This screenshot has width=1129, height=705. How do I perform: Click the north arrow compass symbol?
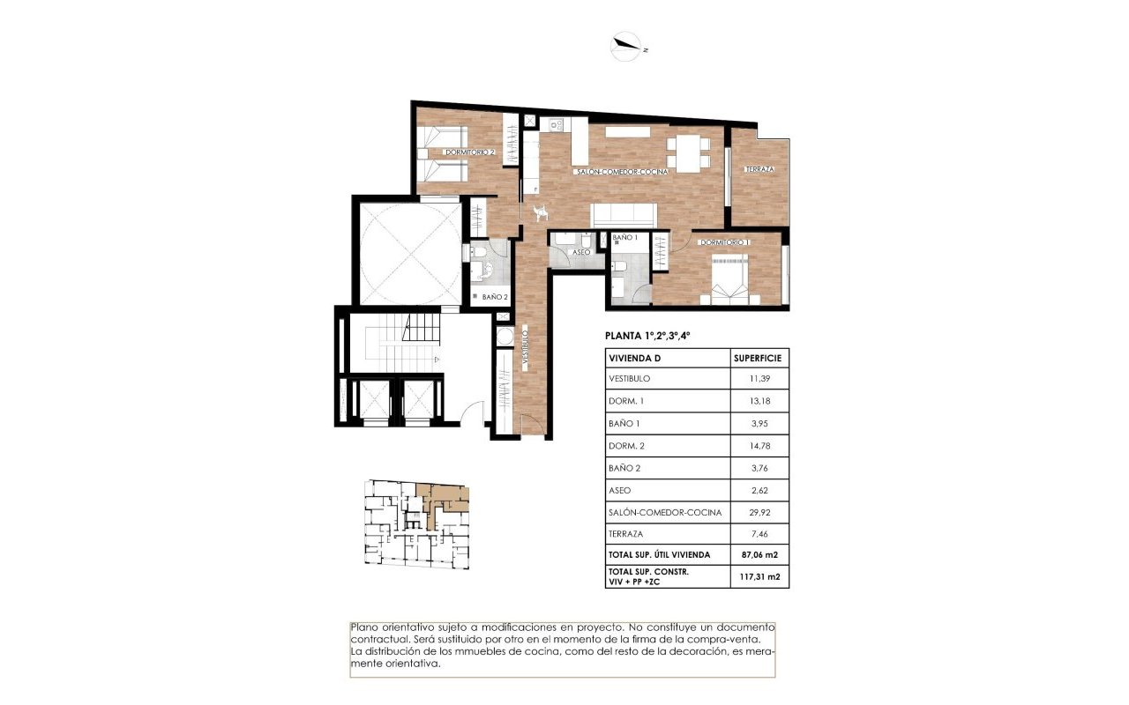click(x=627, y=46)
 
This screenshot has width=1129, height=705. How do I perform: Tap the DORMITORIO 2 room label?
click(x=469, y=152)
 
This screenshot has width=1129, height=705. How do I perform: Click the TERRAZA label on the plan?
click(x=759, y=169)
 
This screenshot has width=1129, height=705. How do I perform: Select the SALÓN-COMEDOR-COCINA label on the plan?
click(x=621, y=172)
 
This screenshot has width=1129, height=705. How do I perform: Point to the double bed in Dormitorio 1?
click(x=730, y=278)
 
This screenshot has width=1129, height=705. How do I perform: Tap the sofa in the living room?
click(x=623, y=214)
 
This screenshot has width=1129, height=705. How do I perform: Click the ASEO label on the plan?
click(x=581, y=253)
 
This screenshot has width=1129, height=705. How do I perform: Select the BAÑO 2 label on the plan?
click(x=495, y=297)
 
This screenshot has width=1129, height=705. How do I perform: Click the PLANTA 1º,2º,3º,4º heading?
click(x=647, y=336)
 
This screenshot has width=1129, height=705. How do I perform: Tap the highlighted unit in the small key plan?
click(x=442, y=501)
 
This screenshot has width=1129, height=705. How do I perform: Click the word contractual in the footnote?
click(x=379, y=638)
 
